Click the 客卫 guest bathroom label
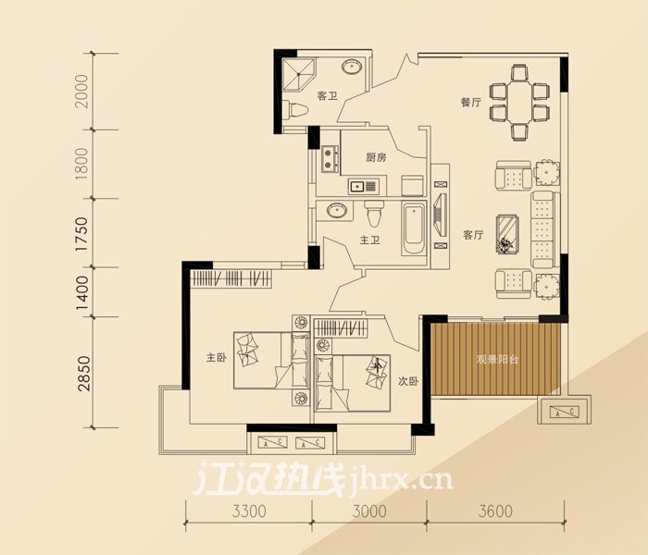[328, 96]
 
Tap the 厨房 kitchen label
[376, 157]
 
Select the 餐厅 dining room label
[471, 102]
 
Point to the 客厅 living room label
[473, 235]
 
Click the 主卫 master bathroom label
[370, 240]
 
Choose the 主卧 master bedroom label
[217, 358]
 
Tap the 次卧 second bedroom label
[408, 381]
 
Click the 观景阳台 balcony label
[497, 359]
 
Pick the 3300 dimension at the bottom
[249, 512]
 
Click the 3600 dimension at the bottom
[495, 512]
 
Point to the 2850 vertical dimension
[83, 374]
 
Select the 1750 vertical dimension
[82, 234]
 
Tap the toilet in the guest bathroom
[297, 110]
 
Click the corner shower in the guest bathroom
[298, 76]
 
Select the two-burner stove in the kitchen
[329, 159]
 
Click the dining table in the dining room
[520, 102]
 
